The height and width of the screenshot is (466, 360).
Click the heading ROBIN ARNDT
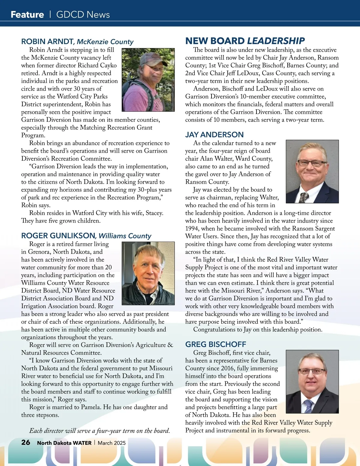[47, 41]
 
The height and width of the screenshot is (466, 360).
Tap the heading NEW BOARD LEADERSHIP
[245, 41]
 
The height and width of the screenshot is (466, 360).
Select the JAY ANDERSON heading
[214, 135]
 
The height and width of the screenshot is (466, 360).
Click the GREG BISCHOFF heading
[215, 344]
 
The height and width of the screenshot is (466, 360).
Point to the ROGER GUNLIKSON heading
[58, 236]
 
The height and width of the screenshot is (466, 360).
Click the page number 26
[26, 442]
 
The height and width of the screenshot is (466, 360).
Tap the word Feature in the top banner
[27, 14]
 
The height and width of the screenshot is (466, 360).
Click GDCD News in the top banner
[83, 14]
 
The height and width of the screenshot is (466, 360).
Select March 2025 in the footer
[112, 443]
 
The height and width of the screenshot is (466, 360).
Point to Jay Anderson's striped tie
[304, 197]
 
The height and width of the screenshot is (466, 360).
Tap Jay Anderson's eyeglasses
[312, 163]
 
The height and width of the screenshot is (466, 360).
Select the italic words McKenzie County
[105, 42]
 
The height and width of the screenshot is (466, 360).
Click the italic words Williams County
[125, 236]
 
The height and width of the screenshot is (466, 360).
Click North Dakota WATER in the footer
[64, 443]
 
